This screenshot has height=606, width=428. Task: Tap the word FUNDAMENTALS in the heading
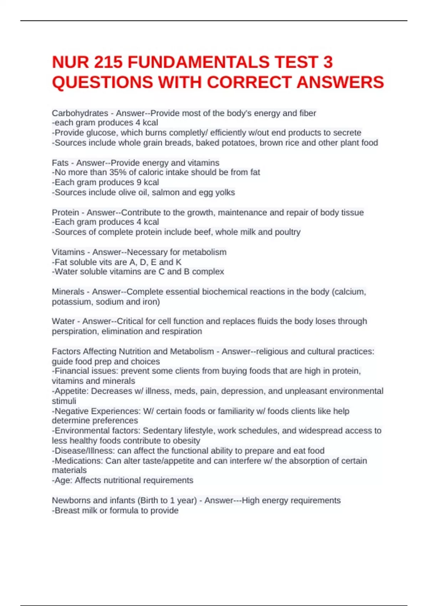pyautogui.click(x=198, y=62)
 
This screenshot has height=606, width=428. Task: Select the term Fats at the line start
pyautogui.click(x=60, y=163)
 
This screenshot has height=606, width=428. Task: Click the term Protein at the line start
pyautogui.click(x=65, y=212)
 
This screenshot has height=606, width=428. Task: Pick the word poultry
pyautogui.click(x=287, y=232)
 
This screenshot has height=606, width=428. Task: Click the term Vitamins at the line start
pyautogui.click(x=68, y=252)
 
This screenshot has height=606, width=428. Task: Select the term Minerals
pyautogui.click(x=68, y=292)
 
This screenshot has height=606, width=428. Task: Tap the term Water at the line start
pyautogui.click(x=63, y=321)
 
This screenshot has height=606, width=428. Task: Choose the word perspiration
pyautogui.click(x=75, y=332)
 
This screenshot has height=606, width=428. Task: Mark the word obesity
pyautogui.click(x=187, y=441)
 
